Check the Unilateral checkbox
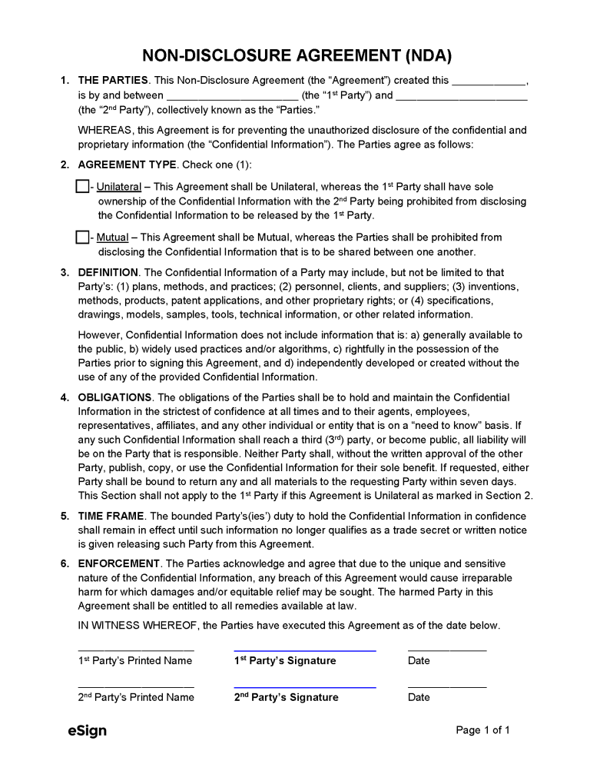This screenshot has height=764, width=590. tap(82, 186)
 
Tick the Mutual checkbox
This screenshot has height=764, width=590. tap(82, 238)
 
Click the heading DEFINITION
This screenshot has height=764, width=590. tap(108, 272)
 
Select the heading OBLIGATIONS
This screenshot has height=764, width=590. tap(114, 397)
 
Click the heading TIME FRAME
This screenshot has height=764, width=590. tap(111, 516)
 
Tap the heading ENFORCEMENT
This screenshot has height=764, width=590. tap(119, 563)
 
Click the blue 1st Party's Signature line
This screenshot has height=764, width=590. tap(304, 651)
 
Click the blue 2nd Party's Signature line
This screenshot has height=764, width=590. tap(304, 687)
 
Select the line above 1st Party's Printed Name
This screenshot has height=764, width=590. tap(136, 651)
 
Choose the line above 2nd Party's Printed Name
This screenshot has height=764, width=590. tap(136, 687)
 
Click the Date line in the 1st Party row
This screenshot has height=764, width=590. tap(446, 651)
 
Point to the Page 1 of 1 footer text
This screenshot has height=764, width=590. tap(482, 730)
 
